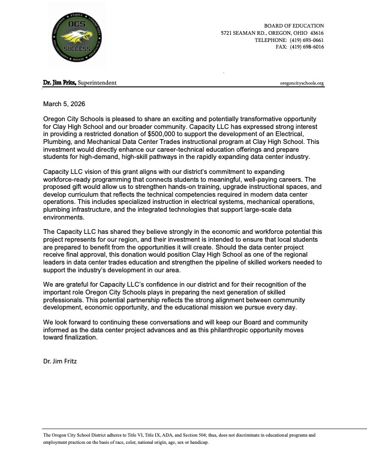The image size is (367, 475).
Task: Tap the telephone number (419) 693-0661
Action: [306, 40]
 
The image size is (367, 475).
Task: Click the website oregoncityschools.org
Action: [302, 83]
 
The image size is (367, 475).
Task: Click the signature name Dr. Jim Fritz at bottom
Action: [60, 362]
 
